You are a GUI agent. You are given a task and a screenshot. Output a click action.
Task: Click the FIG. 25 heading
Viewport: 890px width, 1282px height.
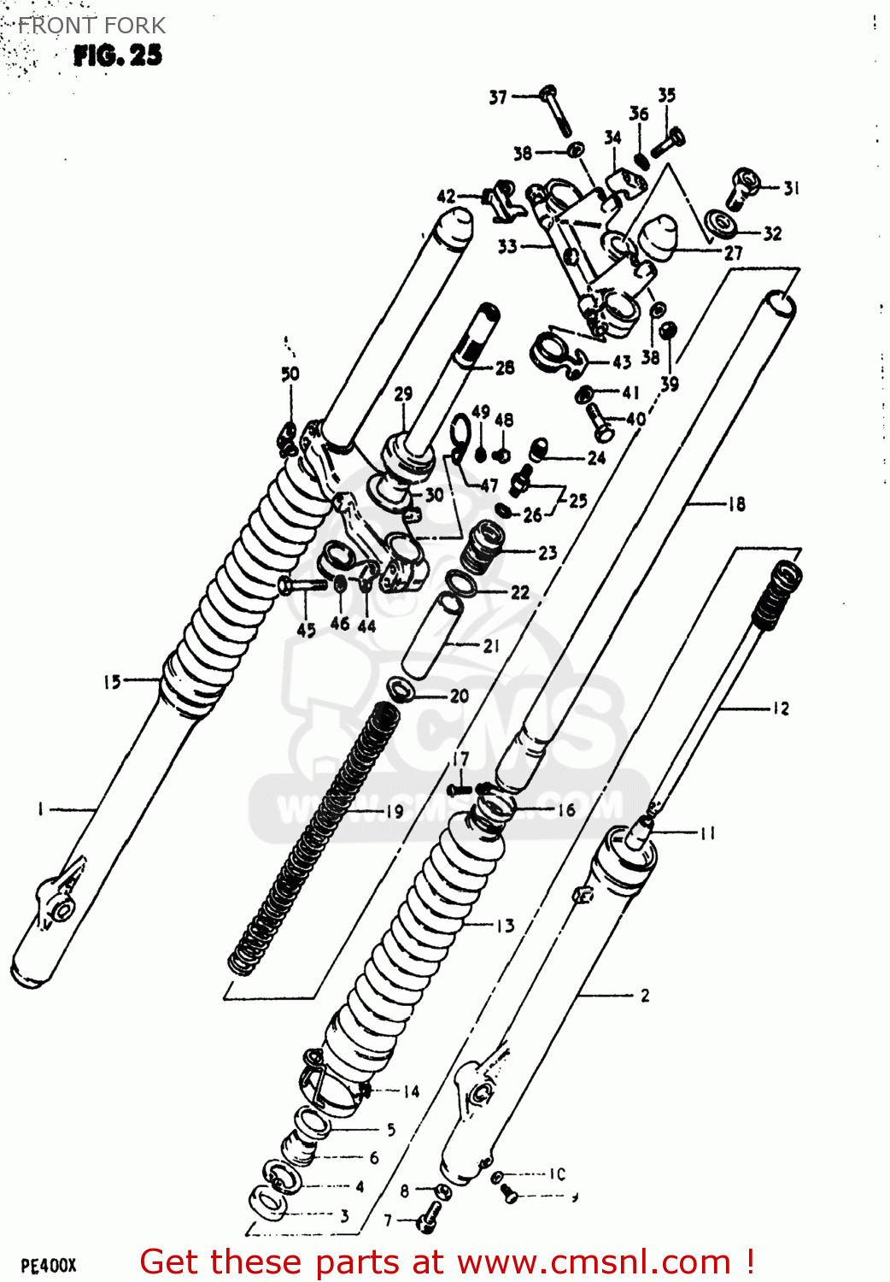click(117, 56)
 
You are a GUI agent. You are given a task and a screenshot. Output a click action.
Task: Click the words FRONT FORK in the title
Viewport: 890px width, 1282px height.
click(91, 26)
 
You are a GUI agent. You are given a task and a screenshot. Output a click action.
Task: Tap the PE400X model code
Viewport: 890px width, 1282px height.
click(49, 1266)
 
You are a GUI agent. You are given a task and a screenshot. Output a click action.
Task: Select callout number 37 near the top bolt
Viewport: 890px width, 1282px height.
click(498, 97)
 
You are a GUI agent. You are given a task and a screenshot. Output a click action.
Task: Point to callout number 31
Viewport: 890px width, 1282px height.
click(792, 188)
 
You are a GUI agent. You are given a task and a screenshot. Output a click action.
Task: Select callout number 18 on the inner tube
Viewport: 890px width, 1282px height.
click(736, 504)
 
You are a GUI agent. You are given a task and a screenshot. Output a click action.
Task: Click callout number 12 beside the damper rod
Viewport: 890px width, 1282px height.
click(781, 709)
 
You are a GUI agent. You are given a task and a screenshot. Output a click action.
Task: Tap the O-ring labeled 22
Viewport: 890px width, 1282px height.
click(462, 585)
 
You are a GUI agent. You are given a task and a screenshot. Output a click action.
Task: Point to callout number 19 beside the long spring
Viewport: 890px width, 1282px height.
click(395, 811)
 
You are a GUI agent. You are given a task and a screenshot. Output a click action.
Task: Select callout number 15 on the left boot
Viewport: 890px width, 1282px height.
click(112, 681)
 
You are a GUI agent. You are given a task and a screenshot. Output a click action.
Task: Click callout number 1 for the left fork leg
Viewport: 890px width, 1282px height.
click(40, 809)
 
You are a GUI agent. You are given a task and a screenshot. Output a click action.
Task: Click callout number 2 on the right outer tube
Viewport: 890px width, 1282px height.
click(645, 995)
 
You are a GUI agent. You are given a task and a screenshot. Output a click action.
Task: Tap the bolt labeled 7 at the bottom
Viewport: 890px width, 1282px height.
click(428, 1218)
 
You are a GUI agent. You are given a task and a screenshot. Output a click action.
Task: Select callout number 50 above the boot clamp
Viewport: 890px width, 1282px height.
click(290, 373)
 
